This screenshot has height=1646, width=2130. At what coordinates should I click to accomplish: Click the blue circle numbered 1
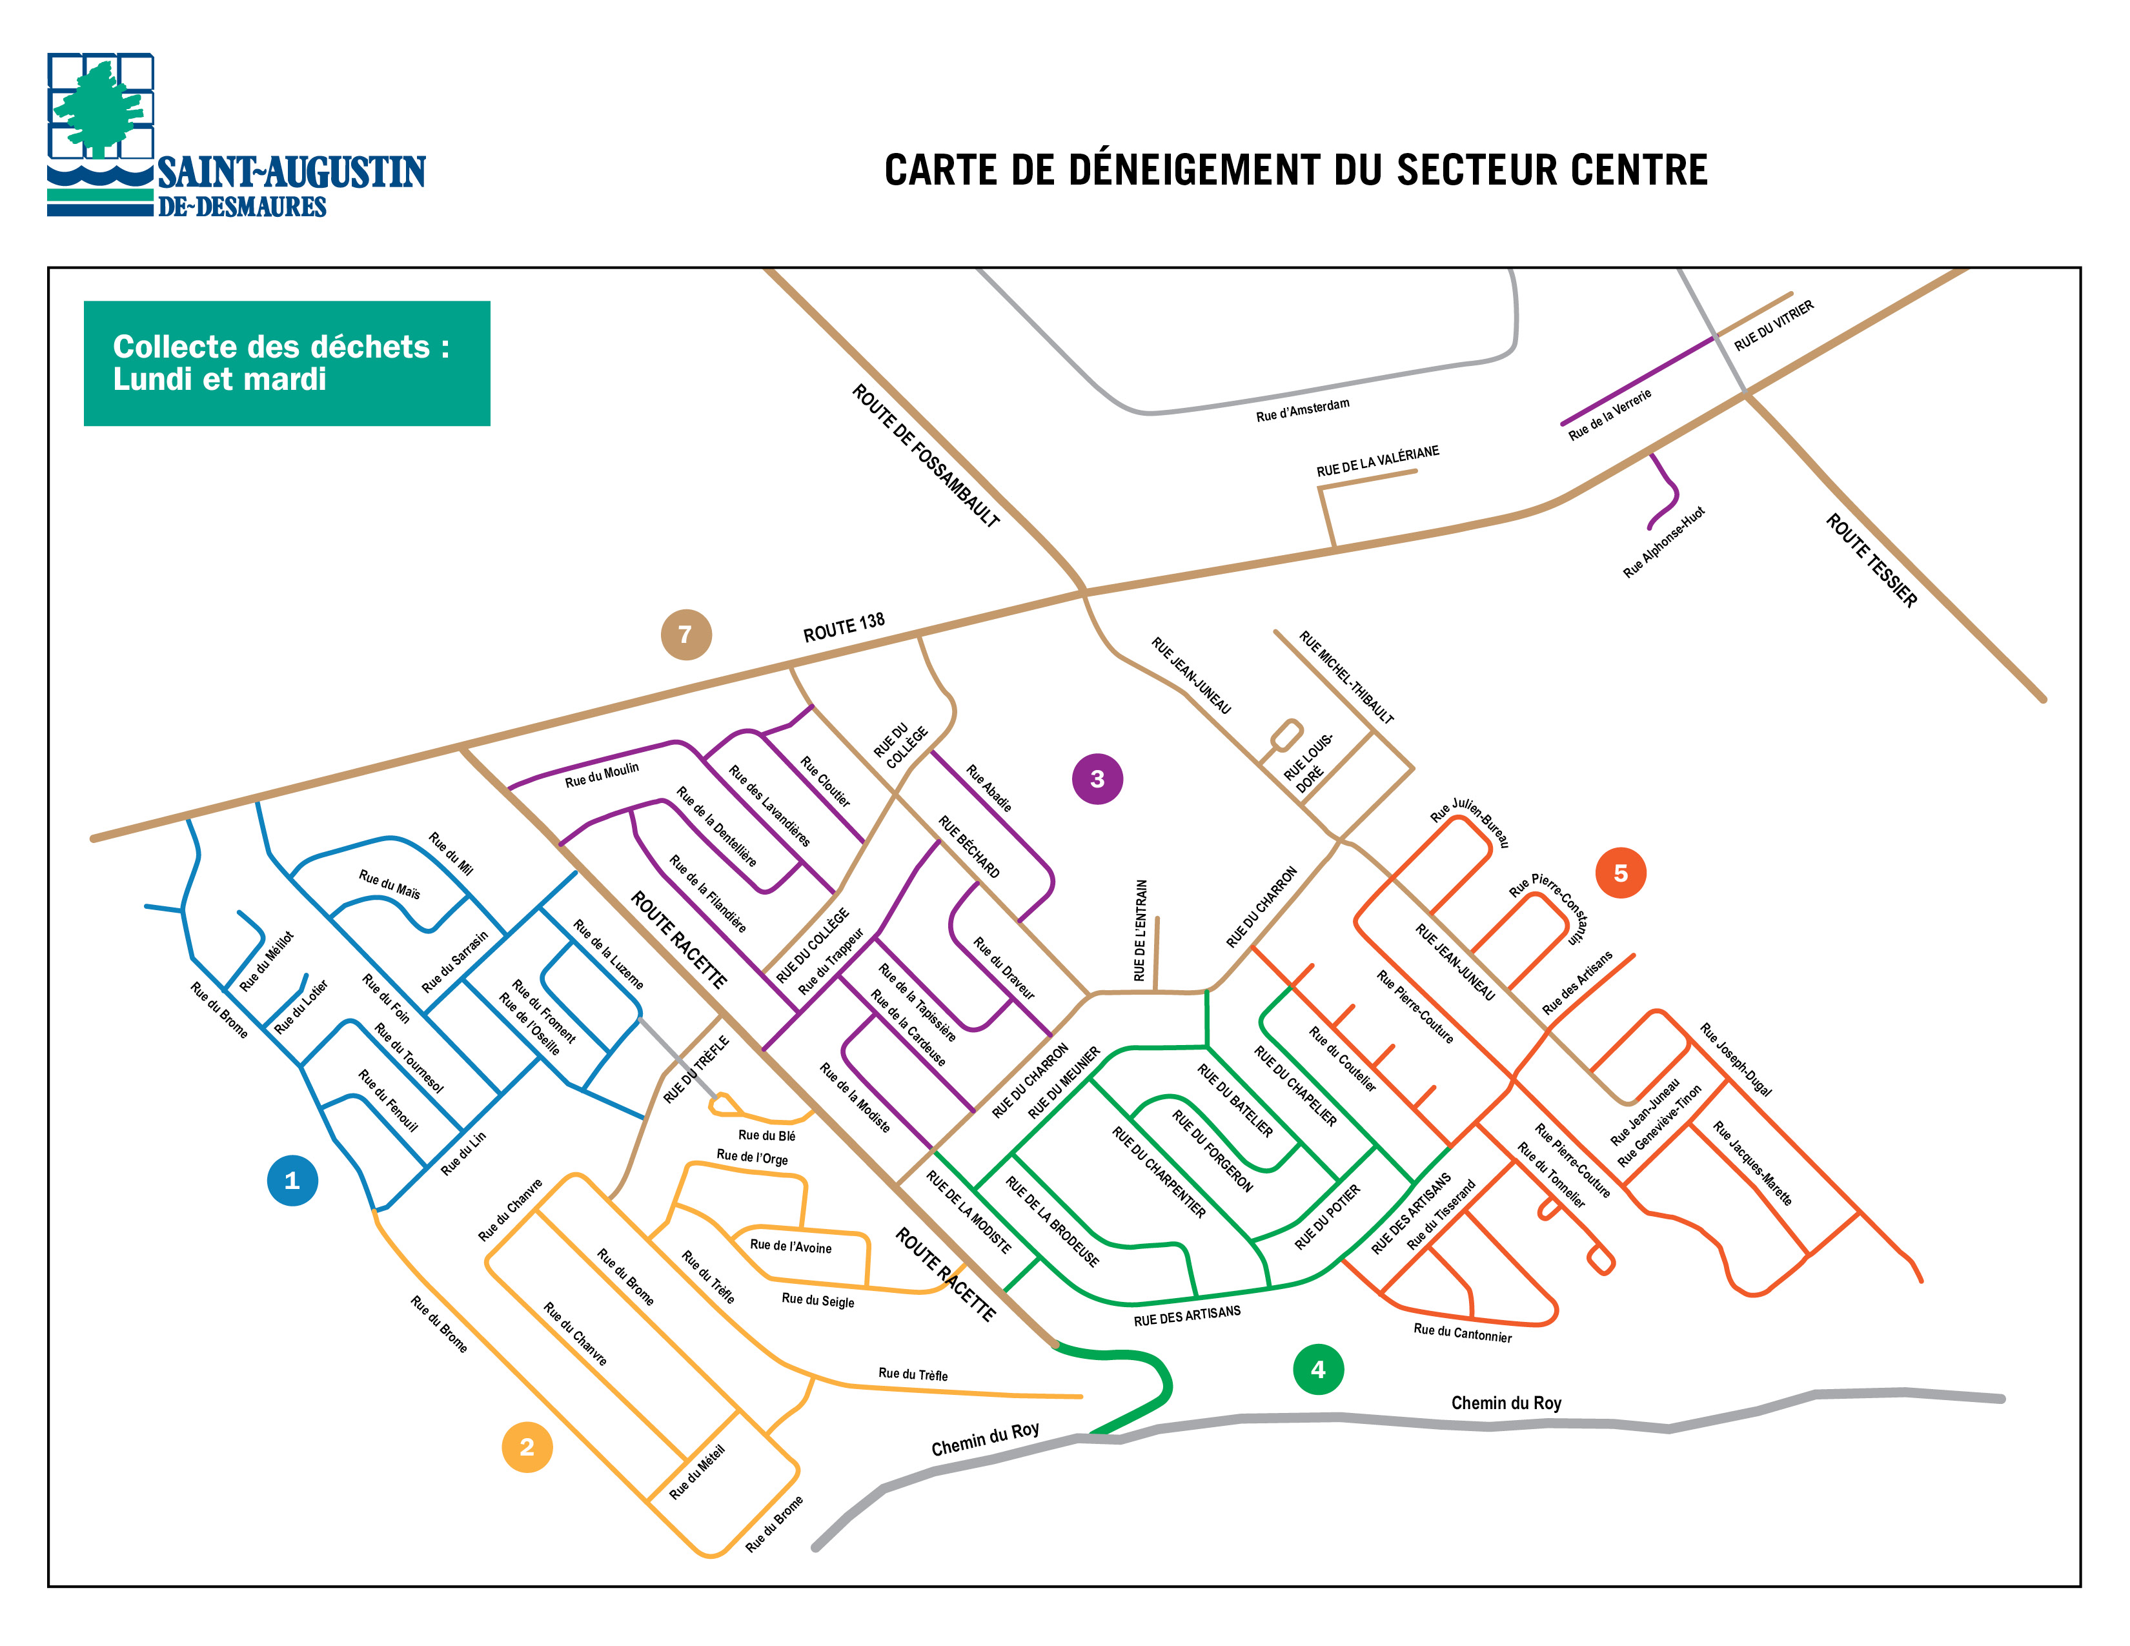coord(292,1180)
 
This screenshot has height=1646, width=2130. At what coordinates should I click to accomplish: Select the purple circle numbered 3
coord(1097,778)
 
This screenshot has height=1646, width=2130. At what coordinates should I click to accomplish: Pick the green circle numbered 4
coord(1317,1369)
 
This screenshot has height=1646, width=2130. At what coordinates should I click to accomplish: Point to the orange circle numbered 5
coord(1620,873)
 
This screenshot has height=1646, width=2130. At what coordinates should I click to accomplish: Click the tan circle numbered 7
coord(685,634)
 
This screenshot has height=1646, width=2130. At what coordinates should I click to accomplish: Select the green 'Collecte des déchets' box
coord(287,363)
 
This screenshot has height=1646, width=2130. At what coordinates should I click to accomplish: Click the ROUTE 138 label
coord(844,627)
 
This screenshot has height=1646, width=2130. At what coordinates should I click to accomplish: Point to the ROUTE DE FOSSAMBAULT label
coord(926,455)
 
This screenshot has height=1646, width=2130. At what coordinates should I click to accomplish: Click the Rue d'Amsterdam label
coord(1302,409)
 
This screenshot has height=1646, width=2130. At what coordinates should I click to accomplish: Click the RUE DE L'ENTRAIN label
coord(1139,930)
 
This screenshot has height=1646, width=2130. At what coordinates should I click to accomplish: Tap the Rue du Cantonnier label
coord(1462,1332)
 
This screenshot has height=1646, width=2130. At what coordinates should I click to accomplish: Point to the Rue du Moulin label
coord(602,774)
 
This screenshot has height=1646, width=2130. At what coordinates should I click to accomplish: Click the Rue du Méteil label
coord(696,1472)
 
